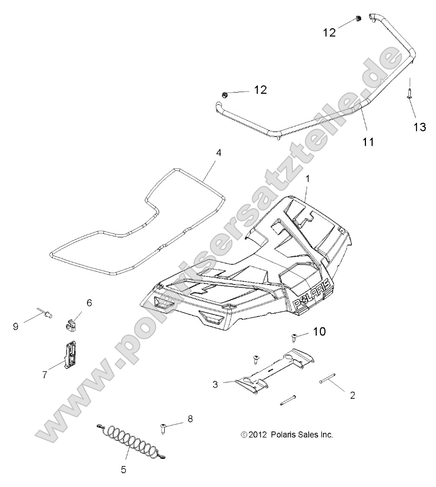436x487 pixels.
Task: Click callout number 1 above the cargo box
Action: pyautogui.click(x=308, y=179)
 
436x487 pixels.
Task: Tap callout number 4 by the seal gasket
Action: pyautogui.click(x=219, y=152)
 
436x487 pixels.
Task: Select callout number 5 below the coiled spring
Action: pyautogui.click(x=123, y=469)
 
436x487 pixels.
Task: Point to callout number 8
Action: pyautogui.click(x=190, y=419)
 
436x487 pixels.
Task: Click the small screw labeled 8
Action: pyautogui.click(x=163, y=428)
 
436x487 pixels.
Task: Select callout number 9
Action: pyautogui.click(x=16, y=326)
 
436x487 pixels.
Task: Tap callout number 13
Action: pyautogui.click(x=420, y=127)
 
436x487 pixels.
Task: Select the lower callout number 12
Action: pyautogui.click(x=260, y=90)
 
